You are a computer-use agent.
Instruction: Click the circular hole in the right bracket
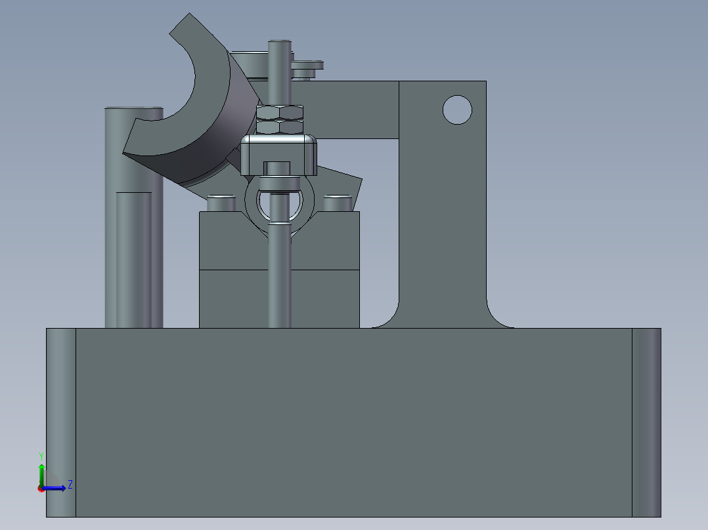pos(457,110)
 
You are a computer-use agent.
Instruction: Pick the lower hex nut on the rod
pos(280,126)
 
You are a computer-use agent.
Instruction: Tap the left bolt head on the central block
pos(221,203)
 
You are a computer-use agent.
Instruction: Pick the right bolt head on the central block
pos(337,203)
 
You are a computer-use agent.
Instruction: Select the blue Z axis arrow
pos(56,487)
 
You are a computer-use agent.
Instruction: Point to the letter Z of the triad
pos(70,485)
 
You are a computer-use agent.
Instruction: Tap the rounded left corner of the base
pos(60,420)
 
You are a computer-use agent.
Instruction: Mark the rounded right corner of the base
pos(646,420)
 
